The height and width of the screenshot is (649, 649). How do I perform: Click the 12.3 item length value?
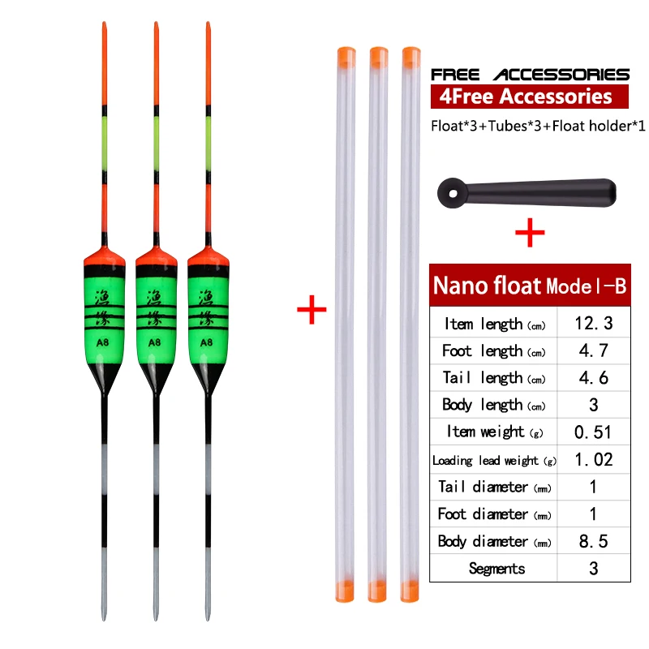pos(593,324)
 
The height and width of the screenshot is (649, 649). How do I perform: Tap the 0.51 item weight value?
pos(593,432)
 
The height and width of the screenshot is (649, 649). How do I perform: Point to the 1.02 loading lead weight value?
pos(593,459)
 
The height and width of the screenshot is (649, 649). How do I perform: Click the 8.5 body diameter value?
pos(593,541)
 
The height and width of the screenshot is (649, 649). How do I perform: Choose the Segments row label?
pos(496,569)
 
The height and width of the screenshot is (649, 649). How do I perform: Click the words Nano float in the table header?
pos(486,286)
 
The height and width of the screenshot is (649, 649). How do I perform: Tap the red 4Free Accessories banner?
pos(530,97)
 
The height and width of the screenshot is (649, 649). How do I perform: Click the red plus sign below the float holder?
pos(530,235)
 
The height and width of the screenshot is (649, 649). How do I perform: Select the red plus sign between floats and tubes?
pos(311,311)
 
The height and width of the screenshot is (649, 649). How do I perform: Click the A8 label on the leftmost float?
pos(102,342)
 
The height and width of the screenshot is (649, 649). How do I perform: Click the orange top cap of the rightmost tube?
pos(411,57)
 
